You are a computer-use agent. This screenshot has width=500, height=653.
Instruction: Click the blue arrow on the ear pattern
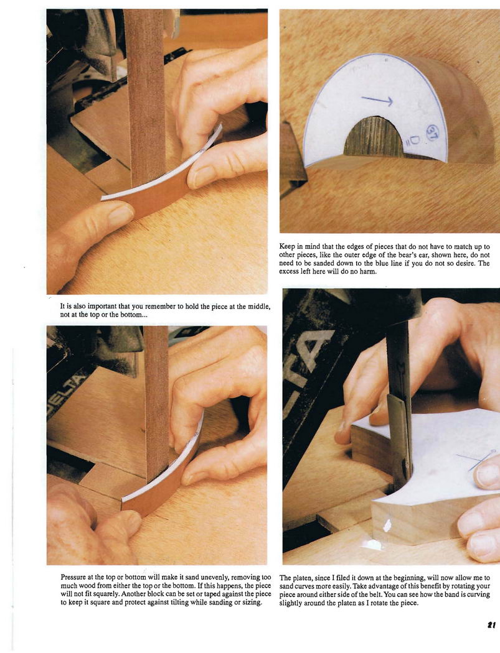click(377, 100)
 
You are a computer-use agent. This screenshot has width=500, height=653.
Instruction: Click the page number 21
click(491, 624)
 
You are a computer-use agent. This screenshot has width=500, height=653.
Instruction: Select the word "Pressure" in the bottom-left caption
click(73, 578)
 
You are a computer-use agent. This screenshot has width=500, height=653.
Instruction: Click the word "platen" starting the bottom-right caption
click(302, 578)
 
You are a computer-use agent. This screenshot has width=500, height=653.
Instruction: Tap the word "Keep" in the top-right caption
click(286, 246)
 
